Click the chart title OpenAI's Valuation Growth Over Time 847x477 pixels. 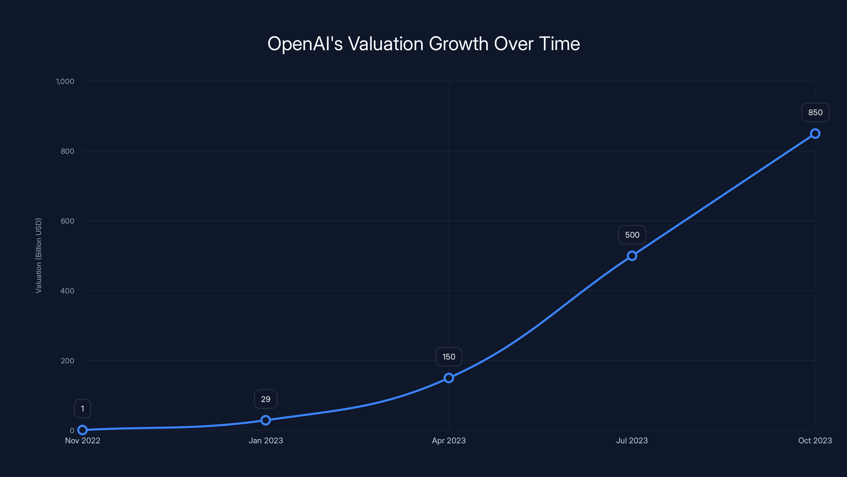pos(424,44)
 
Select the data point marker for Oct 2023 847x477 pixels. pos(815,134)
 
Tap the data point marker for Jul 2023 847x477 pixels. pos(632,256)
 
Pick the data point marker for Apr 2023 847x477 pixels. pos(448,378)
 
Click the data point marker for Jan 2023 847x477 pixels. pos(265,420)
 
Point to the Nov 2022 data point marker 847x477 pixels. pos(83,430)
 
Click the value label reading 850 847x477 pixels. pos(815,113)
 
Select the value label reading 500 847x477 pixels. pos(632,235)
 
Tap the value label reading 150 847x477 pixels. pos(448,357)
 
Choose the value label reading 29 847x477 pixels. pos(265,399)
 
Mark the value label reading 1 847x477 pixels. pos(83,409)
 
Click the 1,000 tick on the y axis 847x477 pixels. pos(65,81)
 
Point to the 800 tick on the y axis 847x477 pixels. pos(67,151)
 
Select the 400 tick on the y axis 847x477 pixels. pos(67,291)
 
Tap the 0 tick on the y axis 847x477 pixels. pos(72,430)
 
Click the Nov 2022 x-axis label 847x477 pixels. pos(83,440)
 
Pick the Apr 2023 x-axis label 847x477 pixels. pos(448,440)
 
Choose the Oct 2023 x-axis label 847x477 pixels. pos(815,440)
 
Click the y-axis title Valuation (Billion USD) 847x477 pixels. pos(38,255)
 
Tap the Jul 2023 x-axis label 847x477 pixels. pos(632,440)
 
